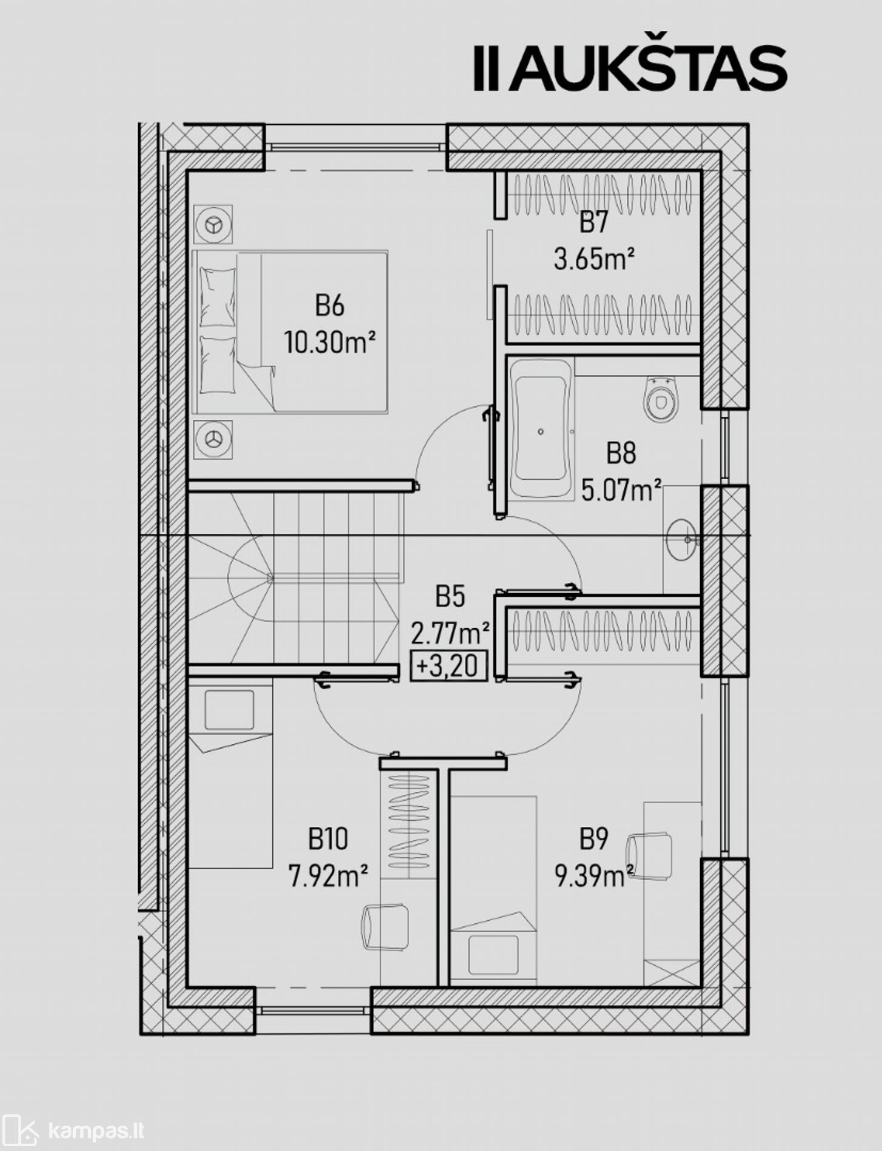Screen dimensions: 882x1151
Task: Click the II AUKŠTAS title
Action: [x=630, y=68]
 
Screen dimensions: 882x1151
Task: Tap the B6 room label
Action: [x=330, y=305]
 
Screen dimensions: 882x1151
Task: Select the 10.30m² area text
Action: [x=330, y=343]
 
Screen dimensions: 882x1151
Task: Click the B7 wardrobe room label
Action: [x=593, y=222]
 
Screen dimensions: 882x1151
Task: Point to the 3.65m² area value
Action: [x=594, y=259]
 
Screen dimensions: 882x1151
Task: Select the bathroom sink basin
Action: [x=683, y=538]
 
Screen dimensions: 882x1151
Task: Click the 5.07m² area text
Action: [x=621, y=489]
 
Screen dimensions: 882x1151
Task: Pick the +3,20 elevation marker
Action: [x=449, y=666]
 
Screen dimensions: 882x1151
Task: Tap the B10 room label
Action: [x=328, y=840]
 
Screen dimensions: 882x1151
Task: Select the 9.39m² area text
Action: [x=594, y=876]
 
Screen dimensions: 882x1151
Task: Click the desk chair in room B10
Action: [x=385, y=927]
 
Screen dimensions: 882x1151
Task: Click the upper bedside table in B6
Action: [x=213, y=225]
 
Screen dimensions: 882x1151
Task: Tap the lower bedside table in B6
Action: [x=213, y=439]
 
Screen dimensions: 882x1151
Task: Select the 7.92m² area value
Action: [x=329, y=876]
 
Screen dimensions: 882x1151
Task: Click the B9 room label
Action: [x=594, y=840]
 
